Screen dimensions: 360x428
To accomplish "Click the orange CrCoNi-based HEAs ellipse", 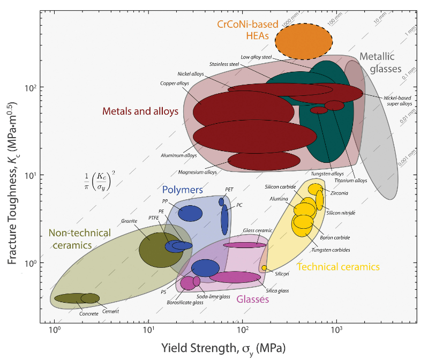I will pos(304,41).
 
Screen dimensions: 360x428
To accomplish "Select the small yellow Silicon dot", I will pos(264,268).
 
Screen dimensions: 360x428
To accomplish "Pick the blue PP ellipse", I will pos(190,213).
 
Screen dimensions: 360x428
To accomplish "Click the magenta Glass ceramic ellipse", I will pos(244,245).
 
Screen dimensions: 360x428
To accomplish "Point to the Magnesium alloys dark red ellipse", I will pos(264,160).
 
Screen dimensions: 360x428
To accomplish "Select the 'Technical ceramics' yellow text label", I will pos(338,267).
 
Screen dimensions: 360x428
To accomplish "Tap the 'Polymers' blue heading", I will pos(182,190).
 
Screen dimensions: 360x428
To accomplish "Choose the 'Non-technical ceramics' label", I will pos(80,239).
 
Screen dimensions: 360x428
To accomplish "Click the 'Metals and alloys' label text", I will pos(140,111).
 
